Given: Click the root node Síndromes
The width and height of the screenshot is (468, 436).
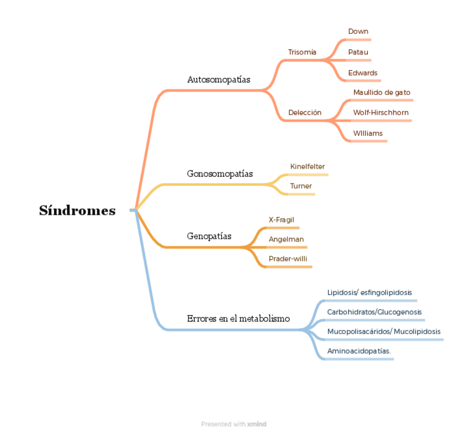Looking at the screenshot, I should [77, 211].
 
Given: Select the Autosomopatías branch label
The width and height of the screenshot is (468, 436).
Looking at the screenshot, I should [219, 80].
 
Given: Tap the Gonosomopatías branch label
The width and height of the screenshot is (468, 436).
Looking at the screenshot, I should [220, 174].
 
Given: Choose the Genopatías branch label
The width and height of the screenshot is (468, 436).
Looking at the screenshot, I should [209, 236].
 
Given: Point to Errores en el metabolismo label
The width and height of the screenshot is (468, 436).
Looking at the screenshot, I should [238, 319].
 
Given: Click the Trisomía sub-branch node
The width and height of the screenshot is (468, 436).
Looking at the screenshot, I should [302, 52].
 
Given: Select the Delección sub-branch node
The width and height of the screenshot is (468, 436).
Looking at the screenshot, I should [305, 113].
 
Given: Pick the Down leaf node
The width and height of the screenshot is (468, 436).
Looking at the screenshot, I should [358, 32].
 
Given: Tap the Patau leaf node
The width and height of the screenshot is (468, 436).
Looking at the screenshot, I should [358, 52].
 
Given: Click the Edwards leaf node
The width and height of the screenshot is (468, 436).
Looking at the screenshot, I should [363, 73].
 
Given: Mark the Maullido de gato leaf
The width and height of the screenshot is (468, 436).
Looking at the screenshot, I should [382, 93].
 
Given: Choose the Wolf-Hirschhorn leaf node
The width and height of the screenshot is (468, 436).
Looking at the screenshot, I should [381, 113].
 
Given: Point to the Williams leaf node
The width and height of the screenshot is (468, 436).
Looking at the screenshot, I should [368, 133].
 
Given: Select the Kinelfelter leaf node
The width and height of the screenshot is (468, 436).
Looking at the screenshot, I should [307, 166].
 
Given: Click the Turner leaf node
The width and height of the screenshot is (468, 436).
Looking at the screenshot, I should [301, 186].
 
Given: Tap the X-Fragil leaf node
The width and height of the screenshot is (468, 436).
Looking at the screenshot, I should [281, 220].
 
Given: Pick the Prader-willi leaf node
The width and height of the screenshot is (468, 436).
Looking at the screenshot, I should [288, 259].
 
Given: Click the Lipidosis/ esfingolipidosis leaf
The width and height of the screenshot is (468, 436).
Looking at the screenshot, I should [369, 293].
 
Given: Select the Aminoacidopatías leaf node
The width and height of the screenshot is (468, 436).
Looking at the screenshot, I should [359, 351].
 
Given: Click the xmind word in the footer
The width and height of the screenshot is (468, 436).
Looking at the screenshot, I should [257, 424].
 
